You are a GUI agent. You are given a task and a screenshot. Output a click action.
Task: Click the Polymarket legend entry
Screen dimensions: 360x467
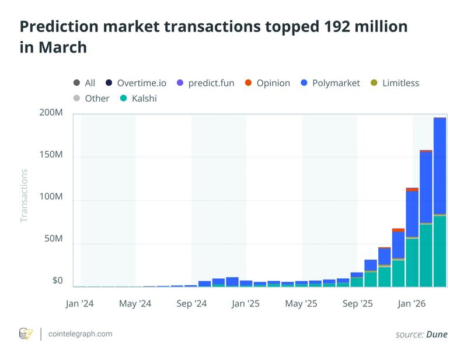(334, 83)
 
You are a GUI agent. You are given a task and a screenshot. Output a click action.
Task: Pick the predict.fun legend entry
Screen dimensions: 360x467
(206, 83)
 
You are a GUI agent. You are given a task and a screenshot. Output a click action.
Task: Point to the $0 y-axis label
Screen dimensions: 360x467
(57, 281)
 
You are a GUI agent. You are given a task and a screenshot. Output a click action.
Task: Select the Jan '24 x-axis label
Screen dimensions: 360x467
(81, 304)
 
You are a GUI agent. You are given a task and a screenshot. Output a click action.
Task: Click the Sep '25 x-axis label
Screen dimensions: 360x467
(357, 304)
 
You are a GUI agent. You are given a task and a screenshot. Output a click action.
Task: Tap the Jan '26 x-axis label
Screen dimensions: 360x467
(412, 304)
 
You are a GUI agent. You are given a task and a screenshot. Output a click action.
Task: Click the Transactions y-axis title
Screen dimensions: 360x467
(24, 195)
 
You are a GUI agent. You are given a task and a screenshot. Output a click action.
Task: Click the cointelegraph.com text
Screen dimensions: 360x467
(81, 334)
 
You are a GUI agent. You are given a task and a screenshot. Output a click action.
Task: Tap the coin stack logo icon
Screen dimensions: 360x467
(26, 334)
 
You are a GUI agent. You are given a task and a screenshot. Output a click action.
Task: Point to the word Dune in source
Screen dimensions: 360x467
(437, 334)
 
